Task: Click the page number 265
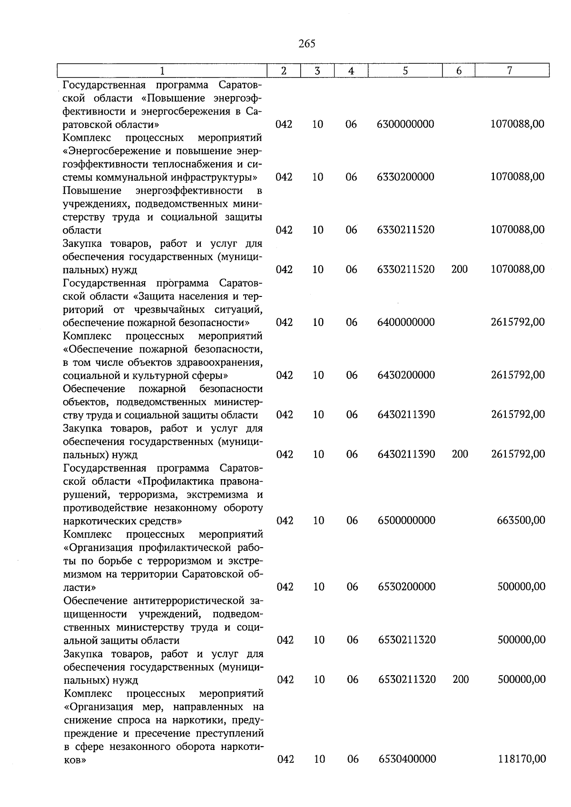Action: pyautogui.click(x=307, y=44)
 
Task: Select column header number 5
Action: pyautogui.click(x=405, y=71)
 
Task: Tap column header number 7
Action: pyautogui.click(x=509, y=71)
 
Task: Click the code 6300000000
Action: pyautogui.click(x=405, y=124)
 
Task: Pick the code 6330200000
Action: pyautogui.click(x=405, y=177)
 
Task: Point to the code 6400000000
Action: pyautogui.click(x=406, y=322)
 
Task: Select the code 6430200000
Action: pyautogui.click(x=406, y=375)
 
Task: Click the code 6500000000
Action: pyautogui.click(x=406, y=521)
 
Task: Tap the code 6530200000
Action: pyautogui.click(x=407, y=587)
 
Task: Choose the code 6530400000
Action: pyautogui.click(x=407, y=759)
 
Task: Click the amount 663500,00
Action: pyautogui.click(x=521, y=521)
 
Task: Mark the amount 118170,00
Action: pyautogui.click(x=522, y=759)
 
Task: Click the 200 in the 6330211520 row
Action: pyautogui.click(x=459, y=269)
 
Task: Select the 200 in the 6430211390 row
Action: pyautogui.click(x=460, y=454)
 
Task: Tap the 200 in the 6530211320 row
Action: pyautogui.click(x=461, y=679)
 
